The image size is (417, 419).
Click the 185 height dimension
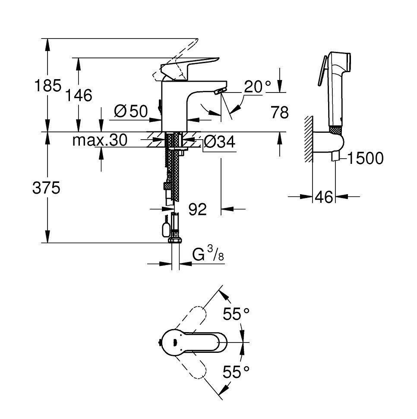pos(48,86)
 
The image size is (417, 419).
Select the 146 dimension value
pos(79,96)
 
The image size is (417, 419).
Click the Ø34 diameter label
pos(219,142)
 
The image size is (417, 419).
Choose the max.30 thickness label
pos(100,140)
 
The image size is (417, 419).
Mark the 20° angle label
pos(257,86)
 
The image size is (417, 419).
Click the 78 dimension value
pos(280,112)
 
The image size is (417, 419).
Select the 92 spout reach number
pos(198,209)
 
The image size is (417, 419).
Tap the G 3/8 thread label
pos(208,254)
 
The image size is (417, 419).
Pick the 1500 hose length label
pos(366,158)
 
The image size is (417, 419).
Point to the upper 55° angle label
pos(236,314)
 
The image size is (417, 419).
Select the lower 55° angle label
pos(236,372)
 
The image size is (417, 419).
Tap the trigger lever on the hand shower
pos(322,70)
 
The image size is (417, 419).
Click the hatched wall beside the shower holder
pos(308,139)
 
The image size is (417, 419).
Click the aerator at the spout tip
pos(220,91)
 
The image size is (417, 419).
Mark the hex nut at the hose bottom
pos(175,241)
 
